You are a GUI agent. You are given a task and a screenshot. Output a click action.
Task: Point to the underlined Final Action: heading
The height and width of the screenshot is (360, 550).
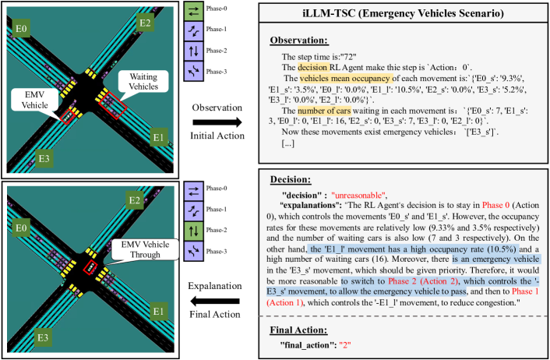tap(300, 329)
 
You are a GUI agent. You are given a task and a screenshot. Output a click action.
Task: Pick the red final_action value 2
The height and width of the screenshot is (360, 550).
tap(361, 344)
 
